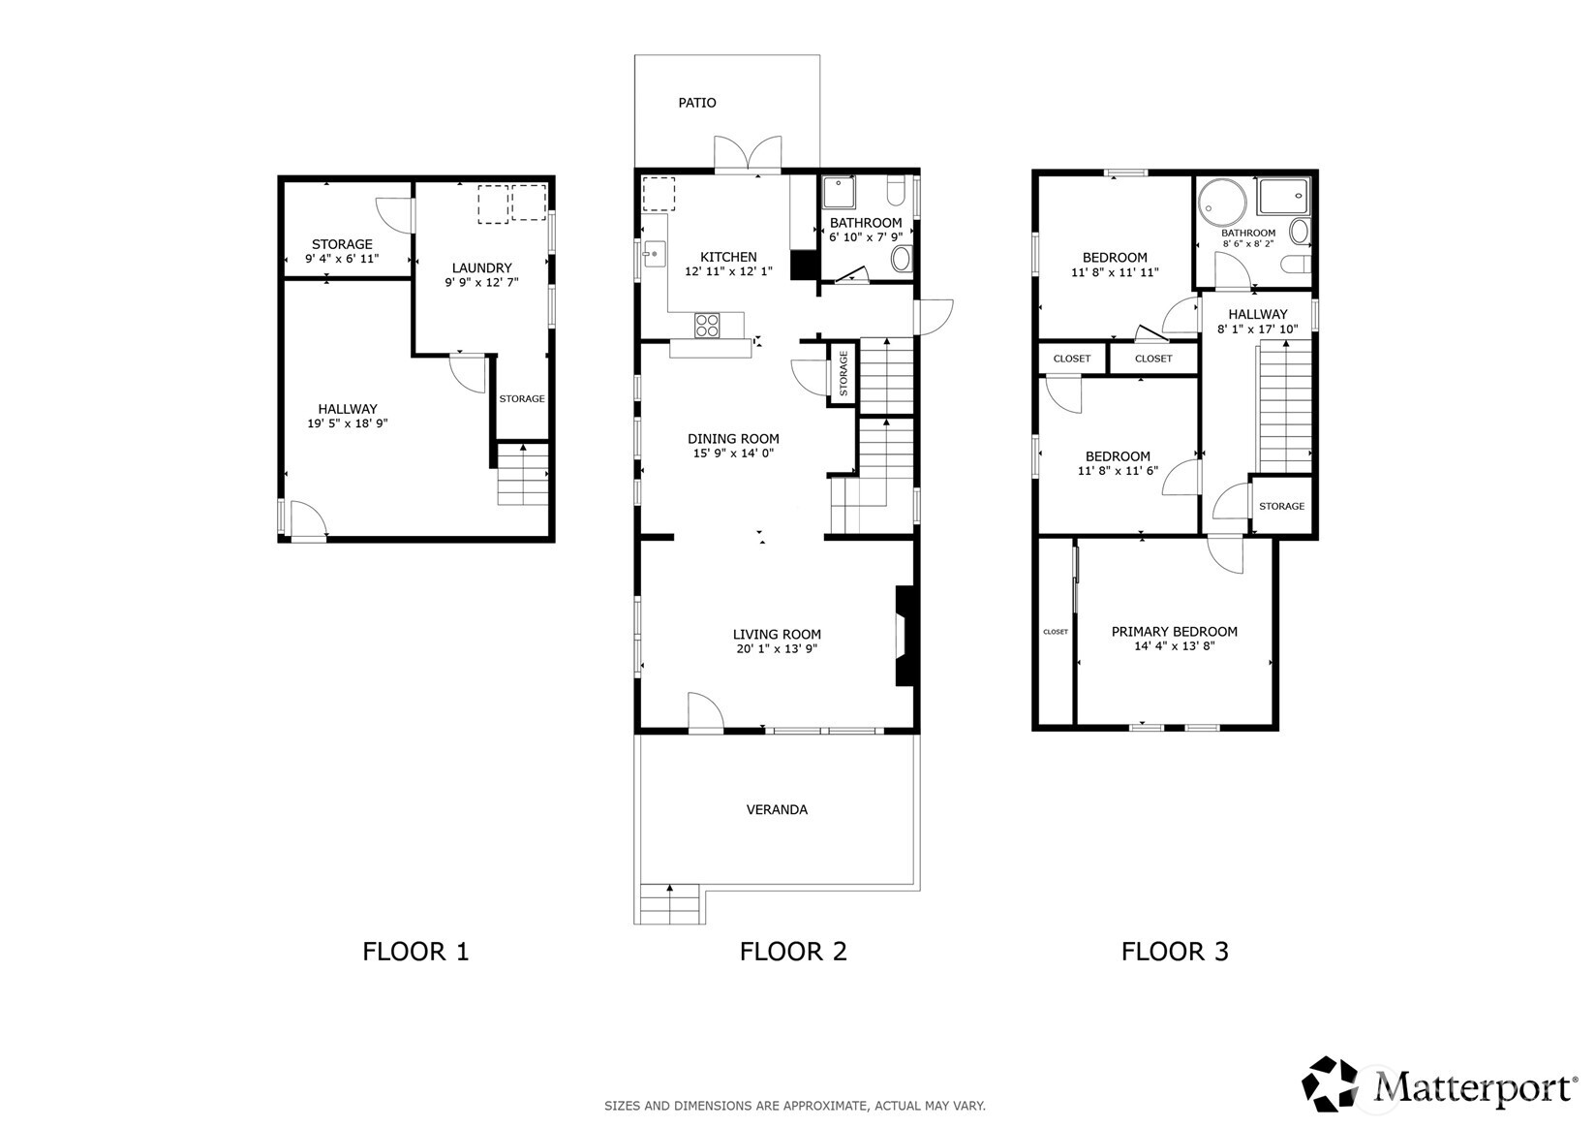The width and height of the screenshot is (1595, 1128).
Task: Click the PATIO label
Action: tap(696, 103)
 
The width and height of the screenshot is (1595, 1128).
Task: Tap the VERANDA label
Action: tap(776, 809)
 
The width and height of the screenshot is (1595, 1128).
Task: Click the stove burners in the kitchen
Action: tap(707, 325)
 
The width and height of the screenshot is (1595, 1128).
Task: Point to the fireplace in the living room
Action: tap(904, 636)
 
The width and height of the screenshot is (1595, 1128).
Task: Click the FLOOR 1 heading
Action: tap(415, 952)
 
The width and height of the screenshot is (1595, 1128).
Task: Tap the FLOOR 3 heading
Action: tap(1174, 952)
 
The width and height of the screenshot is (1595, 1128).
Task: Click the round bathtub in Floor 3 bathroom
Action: tap(1216, 204)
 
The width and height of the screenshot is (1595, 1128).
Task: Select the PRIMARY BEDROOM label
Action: tap(1174, 631)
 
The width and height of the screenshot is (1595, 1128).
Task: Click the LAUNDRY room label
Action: tap(481, 267)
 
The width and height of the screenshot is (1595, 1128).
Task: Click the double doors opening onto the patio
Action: tap(748, 154)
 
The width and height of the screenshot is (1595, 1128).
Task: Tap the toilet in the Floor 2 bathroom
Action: tap(902, 258)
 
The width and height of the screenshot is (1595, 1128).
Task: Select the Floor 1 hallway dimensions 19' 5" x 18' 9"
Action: tap(348, 423)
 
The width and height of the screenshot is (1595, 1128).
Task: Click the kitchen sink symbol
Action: tap(653, 253)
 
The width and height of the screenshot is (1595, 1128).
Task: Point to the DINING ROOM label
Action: tap(733, 438)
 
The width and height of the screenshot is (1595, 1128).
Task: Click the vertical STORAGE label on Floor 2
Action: tap(843, 374)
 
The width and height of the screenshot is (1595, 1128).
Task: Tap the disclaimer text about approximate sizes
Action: tap(794, 1106)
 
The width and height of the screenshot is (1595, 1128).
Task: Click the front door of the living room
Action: tap(706, 713)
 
